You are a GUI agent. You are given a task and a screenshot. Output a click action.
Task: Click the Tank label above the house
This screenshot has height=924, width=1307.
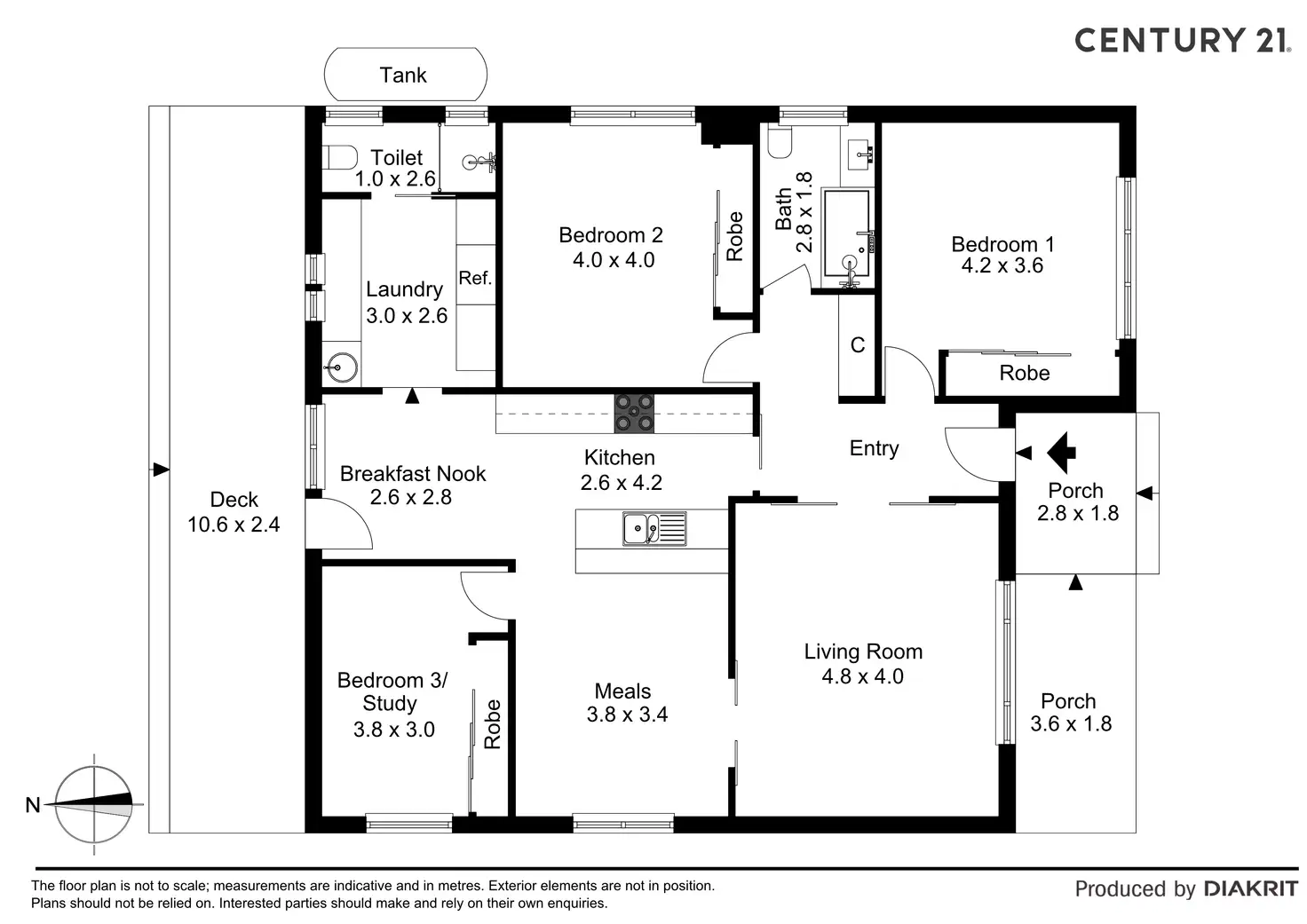(403, 75)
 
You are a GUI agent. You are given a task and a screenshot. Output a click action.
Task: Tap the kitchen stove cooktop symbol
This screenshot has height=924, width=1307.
(634, 413)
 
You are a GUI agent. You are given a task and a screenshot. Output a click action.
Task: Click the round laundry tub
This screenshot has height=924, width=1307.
(340, 365)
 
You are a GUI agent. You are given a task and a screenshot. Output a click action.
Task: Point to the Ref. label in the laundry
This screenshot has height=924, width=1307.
(475, 279)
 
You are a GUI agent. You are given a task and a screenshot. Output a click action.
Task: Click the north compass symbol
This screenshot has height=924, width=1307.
(94, 805)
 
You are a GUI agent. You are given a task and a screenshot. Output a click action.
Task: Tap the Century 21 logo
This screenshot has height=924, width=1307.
(1182, 41)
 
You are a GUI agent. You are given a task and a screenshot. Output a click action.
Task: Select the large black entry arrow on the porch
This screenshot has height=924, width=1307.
(1060, 453)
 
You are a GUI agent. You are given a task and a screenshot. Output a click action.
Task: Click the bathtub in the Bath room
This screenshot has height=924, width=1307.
(848, 233)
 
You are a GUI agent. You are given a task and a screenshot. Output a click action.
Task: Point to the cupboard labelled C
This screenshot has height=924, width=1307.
(858, 345)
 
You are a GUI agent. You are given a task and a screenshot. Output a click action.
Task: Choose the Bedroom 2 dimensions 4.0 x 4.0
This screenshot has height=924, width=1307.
(614, 260)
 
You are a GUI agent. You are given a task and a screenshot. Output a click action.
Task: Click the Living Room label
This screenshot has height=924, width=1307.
(863, 652)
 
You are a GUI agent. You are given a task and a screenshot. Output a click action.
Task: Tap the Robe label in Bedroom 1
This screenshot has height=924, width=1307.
(1024, 373)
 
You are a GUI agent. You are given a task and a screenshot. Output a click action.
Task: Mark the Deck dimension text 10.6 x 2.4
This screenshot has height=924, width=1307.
(234, 525)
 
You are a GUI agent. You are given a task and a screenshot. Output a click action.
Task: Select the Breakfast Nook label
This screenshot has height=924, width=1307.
(413, 473)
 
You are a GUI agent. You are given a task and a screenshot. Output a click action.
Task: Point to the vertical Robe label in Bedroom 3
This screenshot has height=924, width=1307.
(493, 723)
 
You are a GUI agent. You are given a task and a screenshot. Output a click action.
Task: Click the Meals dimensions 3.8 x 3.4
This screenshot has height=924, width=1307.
(627, 715)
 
